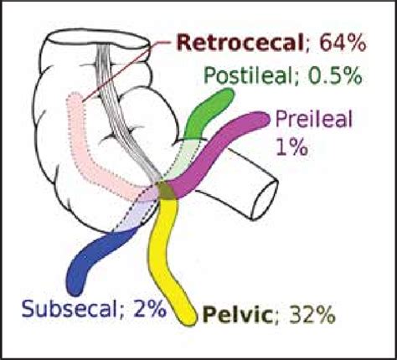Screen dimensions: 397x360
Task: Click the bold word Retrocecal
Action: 240,44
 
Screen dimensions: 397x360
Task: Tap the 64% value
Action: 343,44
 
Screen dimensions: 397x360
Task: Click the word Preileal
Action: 314,120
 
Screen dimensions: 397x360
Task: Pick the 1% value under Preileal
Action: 292,147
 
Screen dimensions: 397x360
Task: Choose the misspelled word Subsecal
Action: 69,309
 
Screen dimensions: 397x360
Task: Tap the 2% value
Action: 149,309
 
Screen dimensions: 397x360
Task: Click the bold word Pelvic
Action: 238,315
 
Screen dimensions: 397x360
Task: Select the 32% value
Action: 312,315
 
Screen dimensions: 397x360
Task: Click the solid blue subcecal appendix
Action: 92,253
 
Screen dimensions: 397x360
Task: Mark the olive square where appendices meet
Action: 166,190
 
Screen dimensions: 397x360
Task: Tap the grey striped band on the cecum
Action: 123,111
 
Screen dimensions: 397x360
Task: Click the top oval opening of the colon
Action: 98,39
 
